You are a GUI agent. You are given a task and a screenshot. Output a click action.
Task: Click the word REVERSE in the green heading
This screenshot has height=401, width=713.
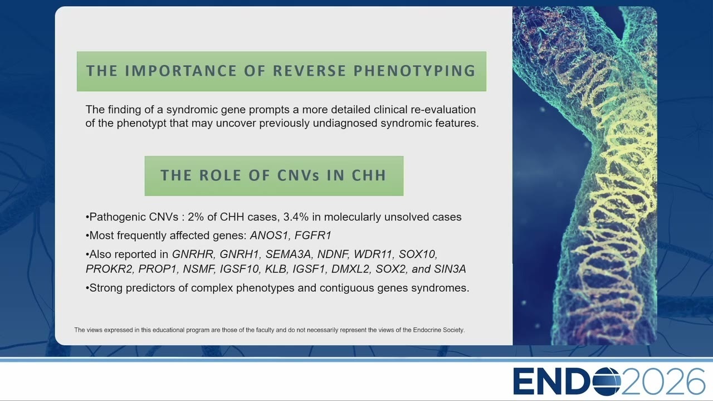tap(309, 71)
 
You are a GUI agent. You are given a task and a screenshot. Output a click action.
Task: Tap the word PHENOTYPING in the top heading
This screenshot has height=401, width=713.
tap(414, 71)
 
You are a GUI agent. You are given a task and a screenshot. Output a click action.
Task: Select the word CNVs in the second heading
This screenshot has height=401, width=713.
tap(298, 175)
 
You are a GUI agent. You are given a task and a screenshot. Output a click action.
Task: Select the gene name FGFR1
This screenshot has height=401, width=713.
tap(313, 236)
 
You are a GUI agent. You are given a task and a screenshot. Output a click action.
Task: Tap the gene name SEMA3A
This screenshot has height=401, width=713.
tap(289, 255)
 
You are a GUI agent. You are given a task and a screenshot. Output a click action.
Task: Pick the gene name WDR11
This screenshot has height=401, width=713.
tap(373, 255)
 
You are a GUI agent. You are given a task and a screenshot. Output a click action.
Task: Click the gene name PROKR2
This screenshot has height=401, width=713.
tap(109, 269)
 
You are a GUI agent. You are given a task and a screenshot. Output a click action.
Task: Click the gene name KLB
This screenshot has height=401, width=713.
tap(276, 269)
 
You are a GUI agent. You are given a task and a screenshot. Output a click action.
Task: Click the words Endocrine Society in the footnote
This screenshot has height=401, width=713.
tap(438, 330)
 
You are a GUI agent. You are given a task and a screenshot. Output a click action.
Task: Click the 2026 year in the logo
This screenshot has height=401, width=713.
tap(663, 382)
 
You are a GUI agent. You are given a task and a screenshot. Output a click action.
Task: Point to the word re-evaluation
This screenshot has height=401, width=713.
tap(443, 110)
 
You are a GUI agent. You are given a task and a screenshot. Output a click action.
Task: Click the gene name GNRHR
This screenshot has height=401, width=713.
tap(193, 255)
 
